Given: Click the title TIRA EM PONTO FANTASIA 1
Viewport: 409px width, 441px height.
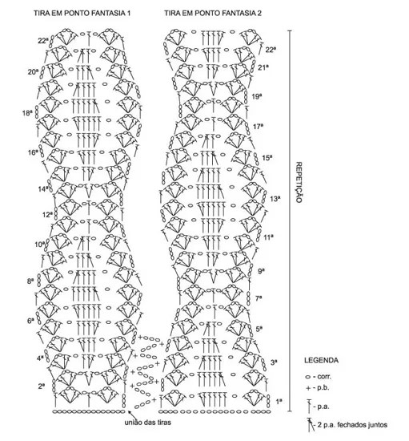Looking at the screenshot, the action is click(x=82, y=13).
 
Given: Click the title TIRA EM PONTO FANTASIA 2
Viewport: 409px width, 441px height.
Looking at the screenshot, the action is click(x=213, y=13).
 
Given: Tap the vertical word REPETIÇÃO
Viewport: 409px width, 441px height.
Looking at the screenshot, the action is click(x=299, y=182).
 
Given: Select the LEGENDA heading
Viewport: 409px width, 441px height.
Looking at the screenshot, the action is click(x=321, y=360).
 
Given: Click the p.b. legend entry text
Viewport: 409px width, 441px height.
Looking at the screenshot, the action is click(x=323, y=388).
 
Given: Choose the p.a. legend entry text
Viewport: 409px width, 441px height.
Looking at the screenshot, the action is click(x=323, y=407).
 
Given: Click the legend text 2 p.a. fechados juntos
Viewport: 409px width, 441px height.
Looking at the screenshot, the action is click(x=352, y=425).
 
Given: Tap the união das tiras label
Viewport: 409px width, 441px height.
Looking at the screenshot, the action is click(x=147, y=422).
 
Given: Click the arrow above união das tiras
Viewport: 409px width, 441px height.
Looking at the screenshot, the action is click(x=133, y=415).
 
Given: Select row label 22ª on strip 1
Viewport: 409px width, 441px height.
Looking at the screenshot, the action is click(x=43, y=41).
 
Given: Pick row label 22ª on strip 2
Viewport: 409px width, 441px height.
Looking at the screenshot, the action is click(x=271, y=50).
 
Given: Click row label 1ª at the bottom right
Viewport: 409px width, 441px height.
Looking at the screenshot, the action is click(x=279, y=402).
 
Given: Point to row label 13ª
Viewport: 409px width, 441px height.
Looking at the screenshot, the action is click(x=275, y=199).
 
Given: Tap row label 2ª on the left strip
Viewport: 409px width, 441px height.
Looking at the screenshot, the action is click(x=42, y=386).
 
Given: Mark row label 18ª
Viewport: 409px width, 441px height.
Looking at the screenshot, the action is click(x=27, y=113).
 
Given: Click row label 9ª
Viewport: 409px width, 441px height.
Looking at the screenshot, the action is click(x=262, y=271).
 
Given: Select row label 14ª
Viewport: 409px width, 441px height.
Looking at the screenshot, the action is click(x=43, y=189).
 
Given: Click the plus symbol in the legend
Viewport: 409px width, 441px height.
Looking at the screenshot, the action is click(x=308, y=388).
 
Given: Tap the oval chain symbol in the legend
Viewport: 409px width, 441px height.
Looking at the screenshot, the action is click(x=307, y=377).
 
